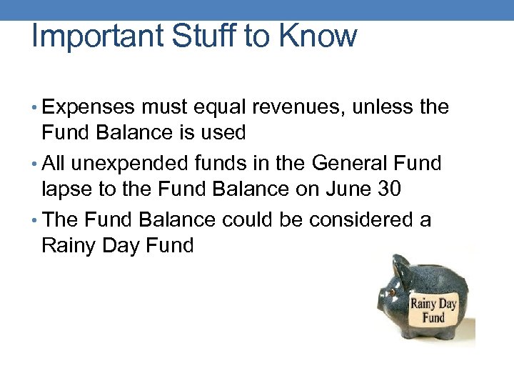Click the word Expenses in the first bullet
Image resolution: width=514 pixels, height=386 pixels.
[x=89, y=108]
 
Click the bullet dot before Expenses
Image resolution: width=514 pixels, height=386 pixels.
[x=35, y=109]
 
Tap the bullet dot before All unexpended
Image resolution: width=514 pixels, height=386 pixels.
[x=35, y=164]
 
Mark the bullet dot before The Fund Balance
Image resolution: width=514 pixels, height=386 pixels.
[x=35, y=220]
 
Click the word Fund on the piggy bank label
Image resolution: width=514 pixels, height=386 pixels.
[x=433, y=317]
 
